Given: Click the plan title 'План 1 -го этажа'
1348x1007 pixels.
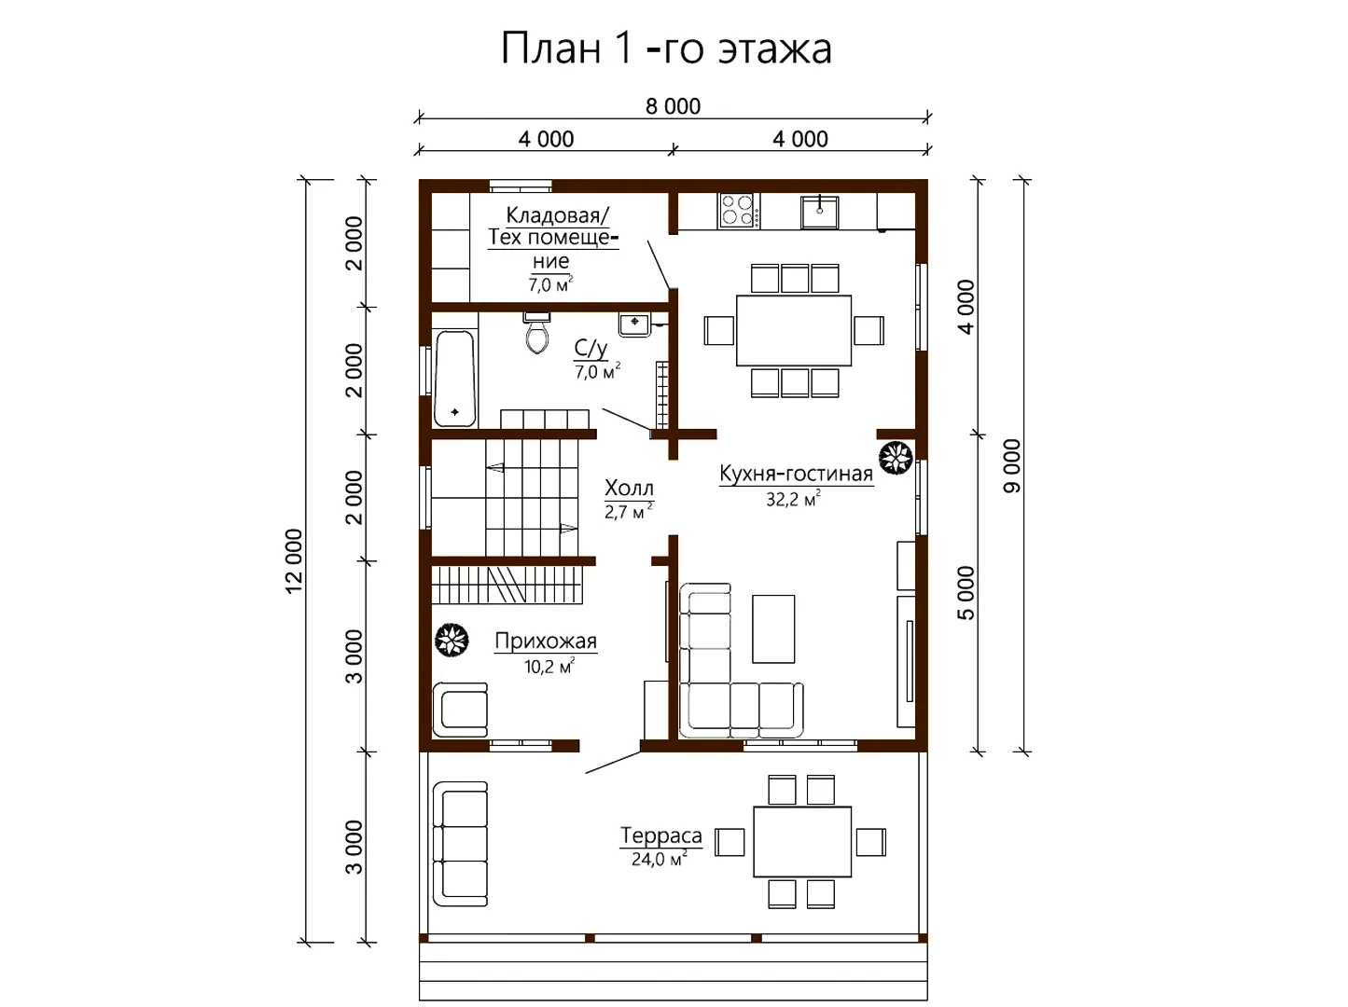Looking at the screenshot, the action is pyautogui.click(x=666, y=48).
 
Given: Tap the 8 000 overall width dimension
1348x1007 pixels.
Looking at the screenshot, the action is pyautogui.click(x=673, y=106).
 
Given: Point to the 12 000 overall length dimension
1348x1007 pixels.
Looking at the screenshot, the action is pyautogui.click(x=295, y=560).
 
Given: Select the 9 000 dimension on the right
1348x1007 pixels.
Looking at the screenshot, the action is pyautogui.click(x=1011, y=466).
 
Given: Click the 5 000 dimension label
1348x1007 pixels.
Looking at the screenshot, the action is pyautogui.click(x=966, y=593).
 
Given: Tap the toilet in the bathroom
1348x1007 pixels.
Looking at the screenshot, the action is pyautogui.click(x=537, y=333).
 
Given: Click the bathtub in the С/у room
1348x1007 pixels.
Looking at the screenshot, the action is pyautogui.click(x=454, y=379).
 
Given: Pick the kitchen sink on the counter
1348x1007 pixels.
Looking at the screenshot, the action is pyautogui.click(x=819, y=212).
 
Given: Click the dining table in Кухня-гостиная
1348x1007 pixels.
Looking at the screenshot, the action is pyautogui.click(x=794, y=330).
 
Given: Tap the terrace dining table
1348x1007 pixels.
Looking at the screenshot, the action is pyautogui.click(x=802, y=841).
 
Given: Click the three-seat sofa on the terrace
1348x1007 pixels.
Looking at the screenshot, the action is pyautogui.click(x=460, y=844).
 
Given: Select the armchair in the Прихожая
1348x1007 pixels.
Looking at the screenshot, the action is pyautogui.click(x=460, y=710).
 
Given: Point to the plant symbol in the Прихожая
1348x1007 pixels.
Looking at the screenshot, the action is pyautogui.click(x=452, y=640).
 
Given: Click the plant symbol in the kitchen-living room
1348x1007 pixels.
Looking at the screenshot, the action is pyautogui.click(x=896, y=459).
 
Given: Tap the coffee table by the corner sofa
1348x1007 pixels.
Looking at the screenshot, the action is pyautogui.click(x=773, y=629).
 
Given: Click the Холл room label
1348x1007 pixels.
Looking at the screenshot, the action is pyautogui.click(x=629, y=488).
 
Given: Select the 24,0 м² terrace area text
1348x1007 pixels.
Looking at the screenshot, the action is pyautogui.click(x=659, y=859).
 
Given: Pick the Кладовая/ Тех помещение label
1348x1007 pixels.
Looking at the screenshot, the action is pyautogui.click(x=553, y=238).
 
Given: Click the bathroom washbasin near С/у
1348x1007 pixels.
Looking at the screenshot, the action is pyautogui.click(x=634, y=324).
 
